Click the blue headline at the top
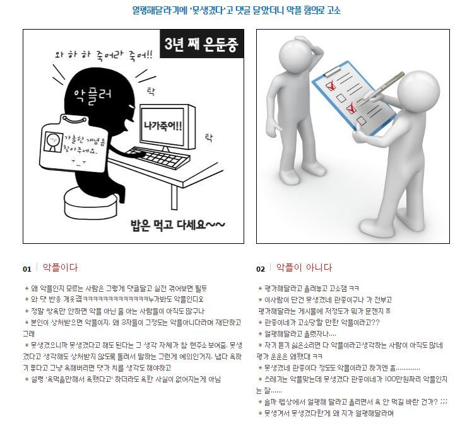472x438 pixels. coord(236,10)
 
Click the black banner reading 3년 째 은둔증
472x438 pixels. coord(201,44)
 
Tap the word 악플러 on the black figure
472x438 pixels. coord(92,96)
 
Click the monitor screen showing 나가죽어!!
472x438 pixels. coord(163,125)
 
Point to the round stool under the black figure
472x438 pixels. coord(91,204)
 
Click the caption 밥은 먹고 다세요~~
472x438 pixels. coord(177,225)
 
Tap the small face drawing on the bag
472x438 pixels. coord(53,141)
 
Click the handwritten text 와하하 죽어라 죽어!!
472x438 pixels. coord(103,55)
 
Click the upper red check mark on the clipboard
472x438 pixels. coord(331,85)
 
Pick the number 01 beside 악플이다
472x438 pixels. coord(27,269)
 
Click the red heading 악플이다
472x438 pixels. coord(60,268)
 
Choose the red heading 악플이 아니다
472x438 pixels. coord(304,268)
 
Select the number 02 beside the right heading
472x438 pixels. coord(261,269)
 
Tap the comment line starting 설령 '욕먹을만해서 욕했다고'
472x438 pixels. coord(123,379)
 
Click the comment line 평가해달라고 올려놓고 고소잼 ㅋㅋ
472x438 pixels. coord(309,288)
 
